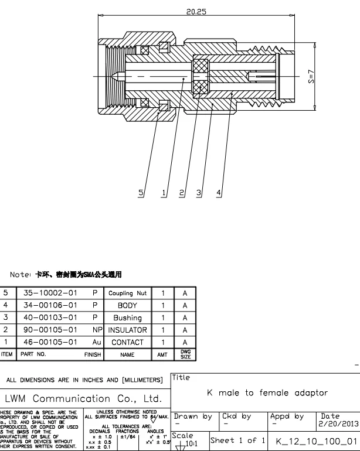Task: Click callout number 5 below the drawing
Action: pos(141,192)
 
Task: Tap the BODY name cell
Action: pos(128,305)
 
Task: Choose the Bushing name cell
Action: pos(128,317)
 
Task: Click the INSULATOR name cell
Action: pos(128,330)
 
